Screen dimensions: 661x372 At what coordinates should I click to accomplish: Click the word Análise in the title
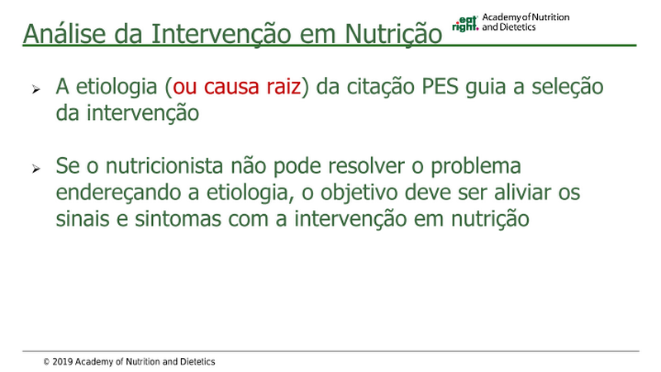[64, 33]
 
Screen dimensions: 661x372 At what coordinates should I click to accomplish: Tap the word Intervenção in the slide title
[221, 34]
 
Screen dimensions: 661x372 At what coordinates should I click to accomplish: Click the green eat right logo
[465, 24]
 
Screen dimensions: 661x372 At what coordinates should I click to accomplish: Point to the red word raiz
[283, 86]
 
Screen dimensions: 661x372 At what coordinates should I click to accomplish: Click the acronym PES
[440, 86]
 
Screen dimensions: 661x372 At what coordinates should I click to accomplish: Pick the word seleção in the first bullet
[568, 87]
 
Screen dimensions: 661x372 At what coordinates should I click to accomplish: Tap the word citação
[381, 87]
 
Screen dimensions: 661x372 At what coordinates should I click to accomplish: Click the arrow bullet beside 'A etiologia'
[36, 89]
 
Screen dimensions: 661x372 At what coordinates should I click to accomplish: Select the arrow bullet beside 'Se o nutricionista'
[36, 169]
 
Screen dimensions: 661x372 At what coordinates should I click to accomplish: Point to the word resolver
[366, 166]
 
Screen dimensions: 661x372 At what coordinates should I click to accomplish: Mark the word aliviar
[522, 192]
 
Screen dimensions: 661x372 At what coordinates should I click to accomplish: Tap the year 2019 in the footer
[63, 362]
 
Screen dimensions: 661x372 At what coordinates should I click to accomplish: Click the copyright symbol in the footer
[46, 362]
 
